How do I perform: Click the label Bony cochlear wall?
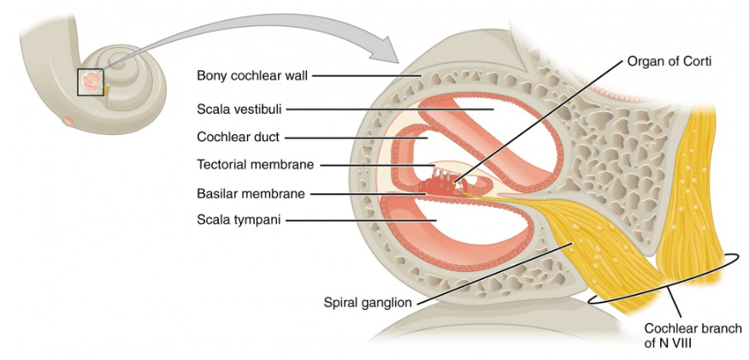pyautogui.click(x=253, y=75)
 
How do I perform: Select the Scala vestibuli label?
pyautogui.click(x=239, y=109)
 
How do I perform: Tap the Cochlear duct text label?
pyautogui.click(x=238, y=138)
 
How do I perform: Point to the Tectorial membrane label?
pyautogui.click(x=256, y=165)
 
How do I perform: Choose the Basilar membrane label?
pyautogui.click(x=251, y=194)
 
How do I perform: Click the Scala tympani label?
pyautogui.click(x=239, y=220)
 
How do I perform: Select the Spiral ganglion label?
pyautogui.click(x=368, y=303)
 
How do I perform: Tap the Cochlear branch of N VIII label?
pyautogui.click(x=693, y=335)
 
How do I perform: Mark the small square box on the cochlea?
pyautogui.click(x=91, y=82)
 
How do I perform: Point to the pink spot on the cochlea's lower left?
pyautogui.click(x=68, y=121)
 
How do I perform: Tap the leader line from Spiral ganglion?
pyautogui.click(x=494, y=273)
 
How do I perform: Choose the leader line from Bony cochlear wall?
pyautogui.click(x=368, y=76)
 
